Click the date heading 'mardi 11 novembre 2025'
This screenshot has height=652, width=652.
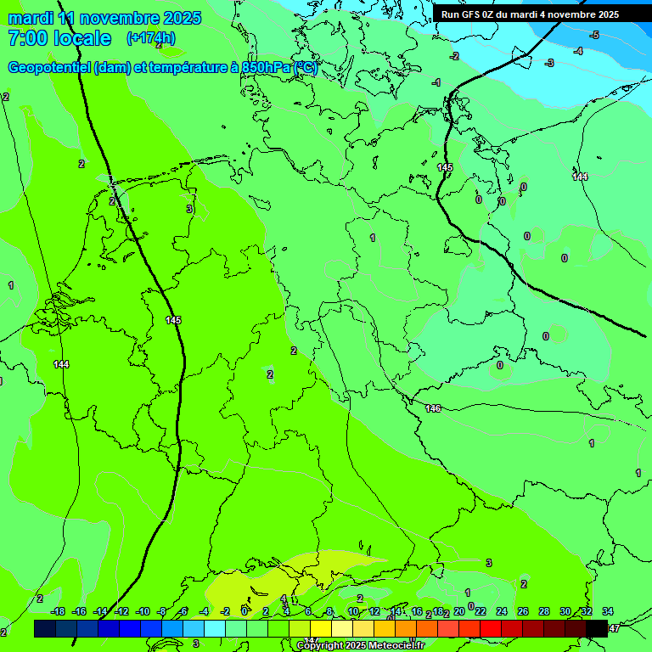[104, 18]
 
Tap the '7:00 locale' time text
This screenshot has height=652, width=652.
[59, 38]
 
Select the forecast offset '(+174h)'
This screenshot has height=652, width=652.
[151, 38]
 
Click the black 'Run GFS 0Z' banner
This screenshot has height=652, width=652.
[541, 14]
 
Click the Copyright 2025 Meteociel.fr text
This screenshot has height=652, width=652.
[360, 646]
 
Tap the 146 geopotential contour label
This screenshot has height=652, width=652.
[433, 409]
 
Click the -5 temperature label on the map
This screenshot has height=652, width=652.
[594, 35]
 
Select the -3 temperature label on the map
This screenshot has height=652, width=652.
[549, 63]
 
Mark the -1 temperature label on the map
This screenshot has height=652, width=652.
[436, 82]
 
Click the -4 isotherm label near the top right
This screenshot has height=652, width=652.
[578, 51]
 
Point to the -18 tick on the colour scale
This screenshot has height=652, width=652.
[59, 611]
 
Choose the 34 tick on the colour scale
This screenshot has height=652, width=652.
[608, 611]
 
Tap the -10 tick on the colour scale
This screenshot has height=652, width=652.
[143, 611]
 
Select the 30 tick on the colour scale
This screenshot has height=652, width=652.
[565, 611]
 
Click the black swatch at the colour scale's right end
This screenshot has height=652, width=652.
[597, 628]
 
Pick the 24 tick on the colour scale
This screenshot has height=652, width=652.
[502, 611]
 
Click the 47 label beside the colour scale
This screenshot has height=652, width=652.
[615, 628]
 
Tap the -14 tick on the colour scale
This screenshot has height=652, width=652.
[100, 611]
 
